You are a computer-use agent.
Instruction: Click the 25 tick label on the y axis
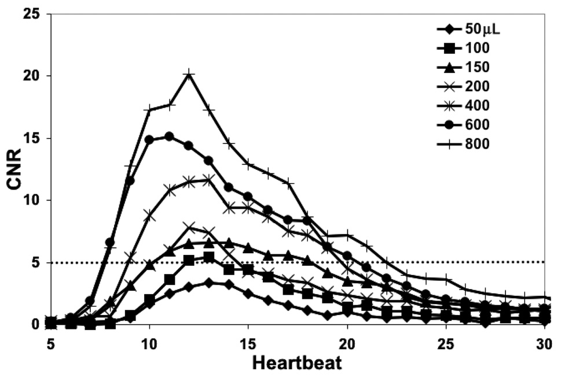coord(32,13)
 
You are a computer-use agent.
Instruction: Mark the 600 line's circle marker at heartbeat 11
coord(169,136)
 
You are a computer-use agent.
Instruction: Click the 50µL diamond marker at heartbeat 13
coord(208,283)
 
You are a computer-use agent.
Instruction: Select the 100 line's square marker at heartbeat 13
coord(208,257)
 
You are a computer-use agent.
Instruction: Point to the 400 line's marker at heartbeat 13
coord(208,180)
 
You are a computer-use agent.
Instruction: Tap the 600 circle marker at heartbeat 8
coord(110,242)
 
